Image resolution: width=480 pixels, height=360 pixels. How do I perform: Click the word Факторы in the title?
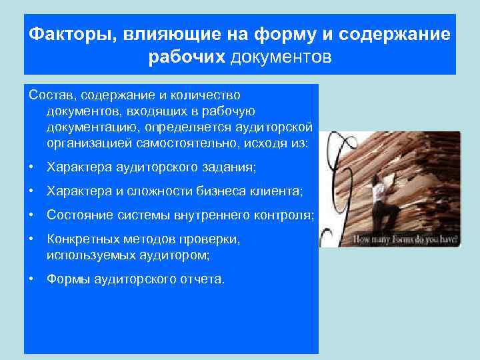(x=69, y=34)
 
